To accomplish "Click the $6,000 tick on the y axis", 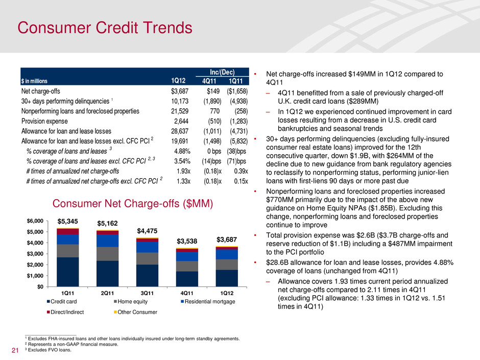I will [35, 221].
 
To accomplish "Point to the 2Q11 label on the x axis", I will [107, 293].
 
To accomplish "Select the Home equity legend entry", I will [129, 301].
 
